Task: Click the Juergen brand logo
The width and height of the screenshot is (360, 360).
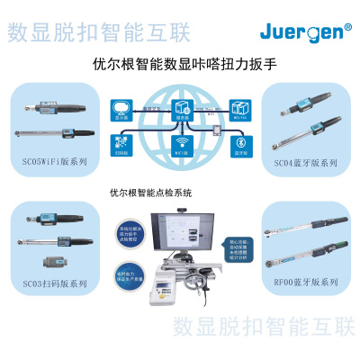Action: (x=306, y=32)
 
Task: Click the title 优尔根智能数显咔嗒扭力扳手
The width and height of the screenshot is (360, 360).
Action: (x=180, y=65)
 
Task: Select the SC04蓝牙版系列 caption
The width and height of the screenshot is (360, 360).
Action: (x=307, y=164)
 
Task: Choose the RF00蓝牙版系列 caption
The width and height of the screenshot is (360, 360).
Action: (x=307, y=282)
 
